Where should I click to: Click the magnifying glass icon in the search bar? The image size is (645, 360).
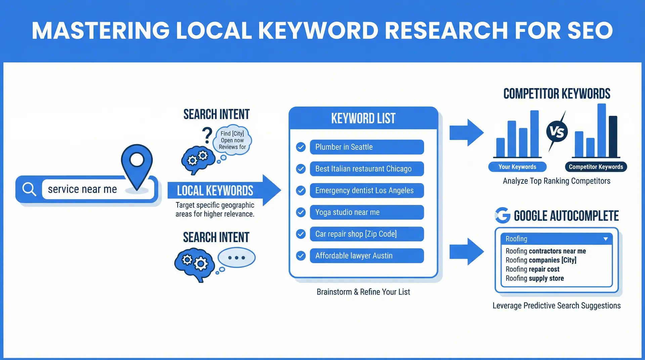(29, 189)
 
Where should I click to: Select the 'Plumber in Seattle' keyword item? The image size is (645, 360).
(367, 147)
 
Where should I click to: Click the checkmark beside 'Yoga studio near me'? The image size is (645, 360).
(301, 212)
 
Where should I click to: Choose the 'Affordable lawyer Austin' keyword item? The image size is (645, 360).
(367, 256)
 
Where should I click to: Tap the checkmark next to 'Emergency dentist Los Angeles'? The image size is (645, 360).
(301, 190)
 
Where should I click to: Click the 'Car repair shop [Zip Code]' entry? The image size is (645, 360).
(367, 234)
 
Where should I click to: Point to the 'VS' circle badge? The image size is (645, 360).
(557, 132)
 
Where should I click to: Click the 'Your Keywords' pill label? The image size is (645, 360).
(517, 167)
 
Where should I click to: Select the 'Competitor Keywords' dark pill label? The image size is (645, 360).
(596, 167)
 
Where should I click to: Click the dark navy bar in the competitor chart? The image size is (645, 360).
(613, 136)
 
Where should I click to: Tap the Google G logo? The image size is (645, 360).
(503, 215)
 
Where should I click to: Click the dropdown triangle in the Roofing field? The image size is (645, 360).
(605, 239)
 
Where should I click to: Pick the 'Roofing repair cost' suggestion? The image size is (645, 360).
(532, 269)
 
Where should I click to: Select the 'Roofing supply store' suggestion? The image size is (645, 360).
(534, 278)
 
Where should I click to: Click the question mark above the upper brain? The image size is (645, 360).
(207, 135)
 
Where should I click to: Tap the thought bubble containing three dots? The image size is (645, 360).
(236, 258)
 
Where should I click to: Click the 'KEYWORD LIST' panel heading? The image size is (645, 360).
(363, 118)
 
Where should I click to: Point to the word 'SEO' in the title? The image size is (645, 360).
(590, 31)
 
